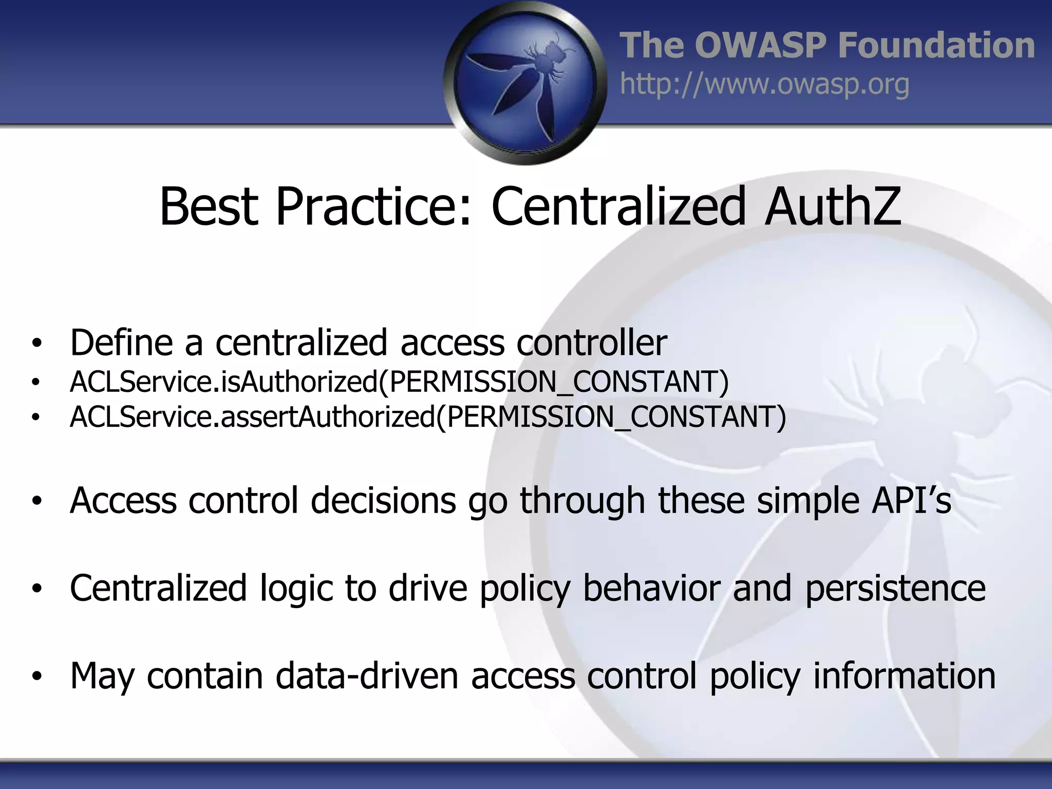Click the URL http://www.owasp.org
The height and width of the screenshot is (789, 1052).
click(x=764, y=84)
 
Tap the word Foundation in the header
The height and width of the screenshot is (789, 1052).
click(x=936, y=46)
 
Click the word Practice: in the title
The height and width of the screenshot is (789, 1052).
click(x=373, y=206)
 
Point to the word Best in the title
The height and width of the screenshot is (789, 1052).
click(x=209, y=206)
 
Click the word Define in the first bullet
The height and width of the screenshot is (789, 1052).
click(x=121, y=343)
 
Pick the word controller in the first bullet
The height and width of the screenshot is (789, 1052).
click(x=591, y=343)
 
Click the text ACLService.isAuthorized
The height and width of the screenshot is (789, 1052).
click(x=223, y=382)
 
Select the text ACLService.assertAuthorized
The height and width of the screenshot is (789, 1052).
click(x=252, y=417)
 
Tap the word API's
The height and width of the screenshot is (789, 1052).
click(x=911, y=500)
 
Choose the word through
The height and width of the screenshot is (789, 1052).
click(x=582, y=501)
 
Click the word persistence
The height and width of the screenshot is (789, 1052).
click(x=895, y=589)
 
